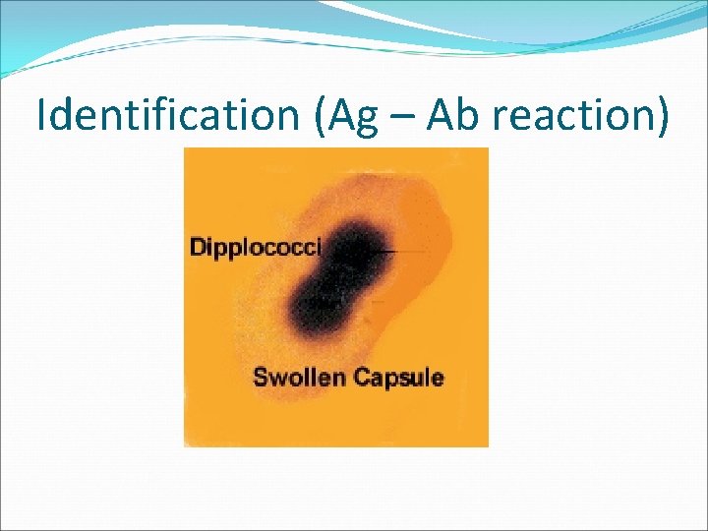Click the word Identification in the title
[164, 116]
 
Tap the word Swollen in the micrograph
[294, 377]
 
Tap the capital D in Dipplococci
[198, 247]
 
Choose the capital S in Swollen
[261, 377]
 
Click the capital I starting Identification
[41, 116]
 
